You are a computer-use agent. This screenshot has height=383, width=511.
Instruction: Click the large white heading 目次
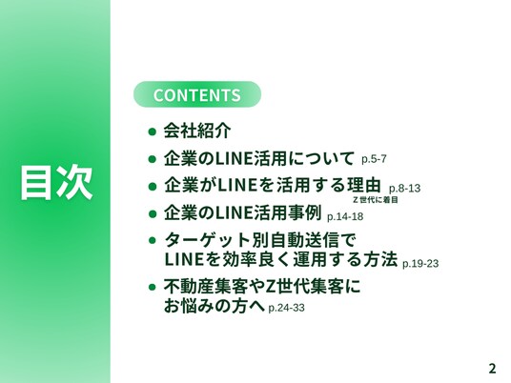point(56,182)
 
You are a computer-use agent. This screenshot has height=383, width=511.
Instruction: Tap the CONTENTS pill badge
point(197,94)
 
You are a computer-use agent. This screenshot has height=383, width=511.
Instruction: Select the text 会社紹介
point(197,131)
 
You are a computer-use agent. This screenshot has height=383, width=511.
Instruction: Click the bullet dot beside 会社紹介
point(152,131)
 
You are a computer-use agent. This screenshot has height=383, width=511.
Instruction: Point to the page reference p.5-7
point(374,159)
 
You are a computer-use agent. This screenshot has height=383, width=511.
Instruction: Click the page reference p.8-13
point(404,189)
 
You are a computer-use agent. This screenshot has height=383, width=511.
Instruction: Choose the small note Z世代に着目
point(376,200)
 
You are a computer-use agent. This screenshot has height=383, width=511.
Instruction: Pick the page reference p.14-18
point(345,216)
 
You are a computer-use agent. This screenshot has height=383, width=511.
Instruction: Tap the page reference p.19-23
point(420,264)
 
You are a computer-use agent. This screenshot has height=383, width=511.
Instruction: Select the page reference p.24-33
point(286,308)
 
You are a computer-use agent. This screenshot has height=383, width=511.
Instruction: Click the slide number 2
point(492,369)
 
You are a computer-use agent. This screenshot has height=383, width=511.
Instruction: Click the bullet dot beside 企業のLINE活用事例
point(152,214)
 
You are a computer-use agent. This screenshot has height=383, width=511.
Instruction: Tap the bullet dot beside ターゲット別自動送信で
point(152,241)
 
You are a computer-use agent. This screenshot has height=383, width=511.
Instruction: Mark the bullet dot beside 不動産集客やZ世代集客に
point(152,287)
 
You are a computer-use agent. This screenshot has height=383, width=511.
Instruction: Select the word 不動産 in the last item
point(189,287)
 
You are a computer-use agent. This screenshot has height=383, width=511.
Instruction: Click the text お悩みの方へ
point(215,306)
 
